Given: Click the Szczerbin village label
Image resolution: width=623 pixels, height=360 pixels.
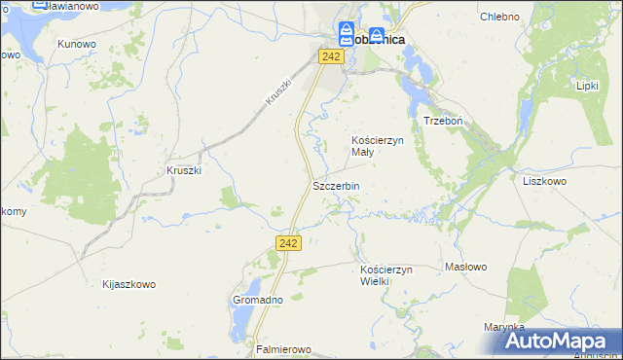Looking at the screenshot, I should pyautogui.click(x=336, y=186).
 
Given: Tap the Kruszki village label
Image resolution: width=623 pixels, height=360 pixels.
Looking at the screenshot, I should pyautogui.click(x=183, y=170).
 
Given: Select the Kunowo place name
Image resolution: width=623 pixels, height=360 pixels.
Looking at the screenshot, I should pyautogui.click(x=76, y=44).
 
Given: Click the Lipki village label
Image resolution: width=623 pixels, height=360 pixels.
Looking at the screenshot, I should pyautogui.click(x=587, y=86).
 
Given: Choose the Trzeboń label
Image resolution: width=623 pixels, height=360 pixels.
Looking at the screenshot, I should pyautogui.click(x=441, y=120).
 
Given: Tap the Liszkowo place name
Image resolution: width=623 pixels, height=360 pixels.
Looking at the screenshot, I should pyautogui.click(x=545, y=181).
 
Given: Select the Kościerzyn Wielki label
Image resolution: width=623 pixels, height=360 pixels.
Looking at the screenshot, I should pyautogui.click(x=387, y=274).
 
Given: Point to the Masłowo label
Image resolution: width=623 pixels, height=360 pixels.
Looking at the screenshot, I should pyautogui.click(x=465, y=267).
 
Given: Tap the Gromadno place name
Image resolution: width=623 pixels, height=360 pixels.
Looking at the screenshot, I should pyautogui.click(x=257, y=301).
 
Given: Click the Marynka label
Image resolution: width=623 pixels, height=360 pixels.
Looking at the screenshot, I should pyautogui.click(x=503, y=327).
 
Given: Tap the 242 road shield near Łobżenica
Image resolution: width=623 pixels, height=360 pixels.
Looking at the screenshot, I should pyautogui.click(x=331, y=58).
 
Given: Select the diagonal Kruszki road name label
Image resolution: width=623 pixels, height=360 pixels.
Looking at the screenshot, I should pyautogui.click(x=277, y=92).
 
